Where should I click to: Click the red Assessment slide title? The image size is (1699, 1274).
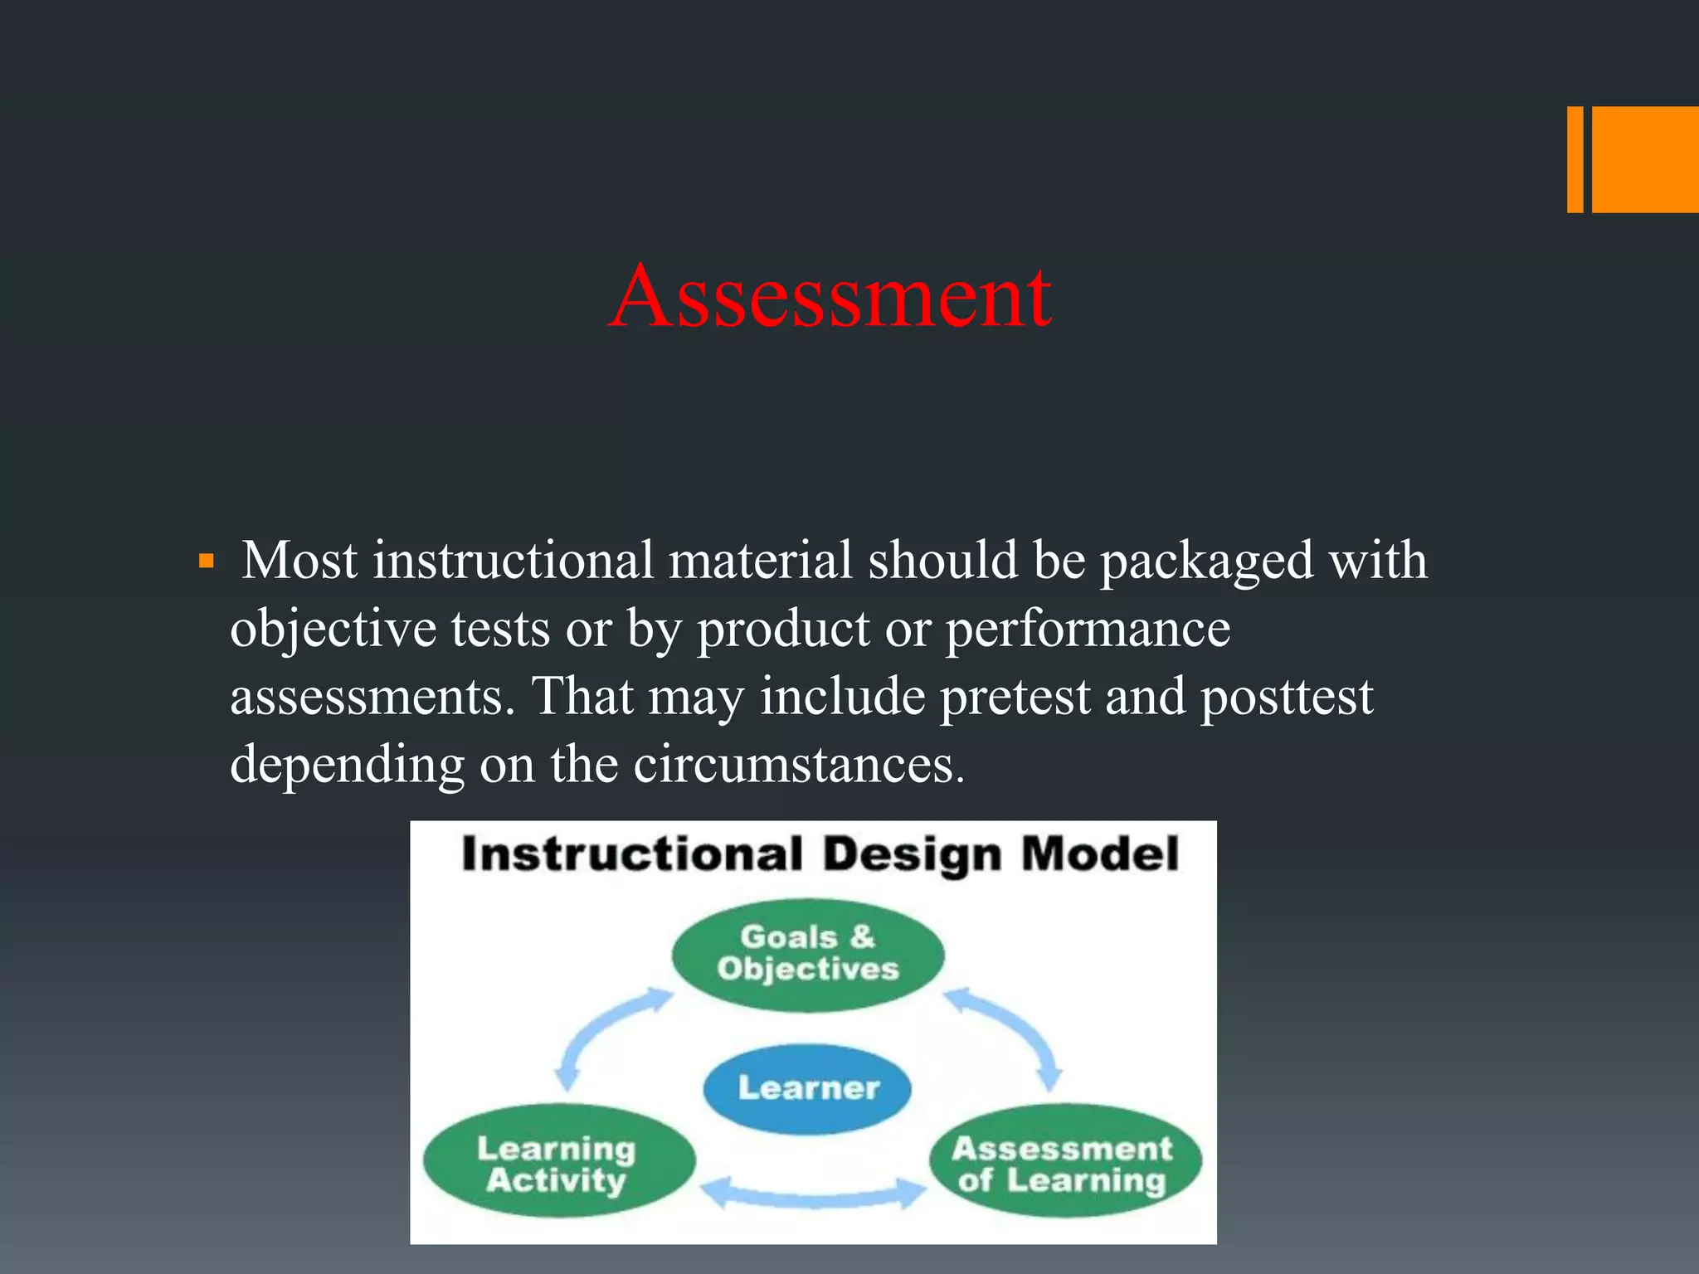coord(830,296)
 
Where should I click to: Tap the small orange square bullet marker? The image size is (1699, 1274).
coord(207,563)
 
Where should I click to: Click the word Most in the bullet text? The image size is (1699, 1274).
coord(300,560)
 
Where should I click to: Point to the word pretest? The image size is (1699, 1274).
coord(1014,697)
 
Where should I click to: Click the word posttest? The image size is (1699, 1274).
coord(1287,697)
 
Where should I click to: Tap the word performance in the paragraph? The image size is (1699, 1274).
coord(1088,630)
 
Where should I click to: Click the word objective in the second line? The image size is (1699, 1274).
coord(333,630)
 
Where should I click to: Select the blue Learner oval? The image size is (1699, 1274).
coord(807,1087)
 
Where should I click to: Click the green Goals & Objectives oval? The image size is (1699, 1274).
coord(807,954)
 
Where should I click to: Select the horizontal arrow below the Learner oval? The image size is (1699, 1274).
coord(811,1194)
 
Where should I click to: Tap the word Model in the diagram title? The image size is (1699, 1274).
coord(1099,854)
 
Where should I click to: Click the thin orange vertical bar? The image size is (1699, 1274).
coord(1575,159)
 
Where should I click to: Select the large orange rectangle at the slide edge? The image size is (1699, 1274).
coord(1645,159)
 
